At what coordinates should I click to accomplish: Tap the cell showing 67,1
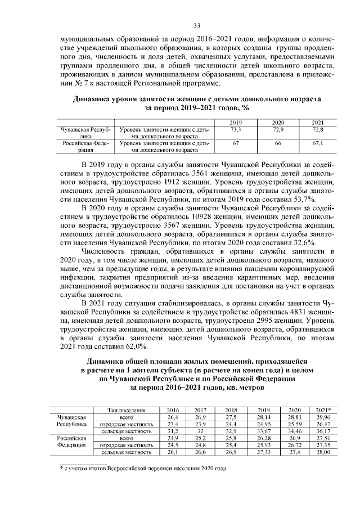pos(318,143)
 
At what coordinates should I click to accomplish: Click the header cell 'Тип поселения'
pos(126,411)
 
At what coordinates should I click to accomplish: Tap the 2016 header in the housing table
pos(173,411)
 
